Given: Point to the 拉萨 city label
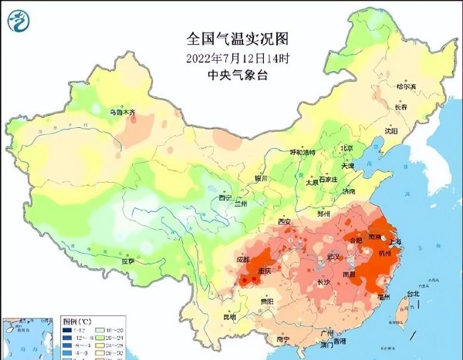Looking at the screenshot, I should coord(127,261).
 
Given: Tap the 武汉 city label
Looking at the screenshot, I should coord(333,255).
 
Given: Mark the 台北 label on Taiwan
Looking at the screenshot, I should coord(414,294).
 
